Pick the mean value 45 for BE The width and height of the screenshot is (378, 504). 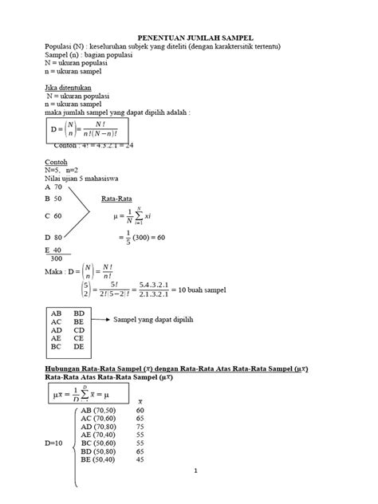(x=140, y=459)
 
